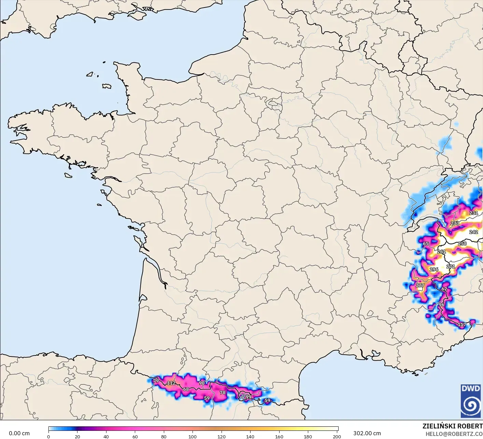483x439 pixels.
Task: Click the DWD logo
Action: click(x=471, y=401)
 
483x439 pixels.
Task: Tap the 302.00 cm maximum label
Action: click(x=367, y=433)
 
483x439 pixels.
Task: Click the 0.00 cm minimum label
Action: click(x=19, y=433)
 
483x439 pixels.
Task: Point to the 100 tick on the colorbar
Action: click(x=193, y=437)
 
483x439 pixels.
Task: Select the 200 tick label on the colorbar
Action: click(x=337, y=437)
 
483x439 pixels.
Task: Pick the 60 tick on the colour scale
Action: click(x=135, y=437)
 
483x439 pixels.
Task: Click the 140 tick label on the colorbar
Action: click(x=250, y=437)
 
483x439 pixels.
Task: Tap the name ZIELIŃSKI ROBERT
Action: click(x=452, y=426)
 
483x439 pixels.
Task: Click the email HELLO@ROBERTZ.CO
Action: click(x=454, y=434)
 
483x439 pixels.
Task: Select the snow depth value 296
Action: click(x=434, y=269)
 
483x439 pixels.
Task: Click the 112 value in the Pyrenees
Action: click(x=171, y=383)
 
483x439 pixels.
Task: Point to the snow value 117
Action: click(x=461, y=325)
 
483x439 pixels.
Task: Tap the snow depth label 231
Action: click(x=473, y=213)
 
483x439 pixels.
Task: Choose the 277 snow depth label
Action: click(x=420, y=286)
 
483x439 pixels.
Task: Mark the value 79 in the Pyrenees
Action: click(x=156, y=381)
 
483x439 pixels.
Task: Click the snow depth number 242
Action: click(x=473, y=232)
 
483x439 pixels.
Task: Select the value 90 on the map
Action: click(x=202, y=383)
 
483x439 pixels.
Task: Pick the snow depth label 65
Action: click(x=426, y=244)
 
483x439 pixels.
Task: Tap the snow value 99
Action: click(x=248, y=397)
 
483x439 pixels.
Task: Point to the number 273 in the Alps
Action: click(x=455, y=223)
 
